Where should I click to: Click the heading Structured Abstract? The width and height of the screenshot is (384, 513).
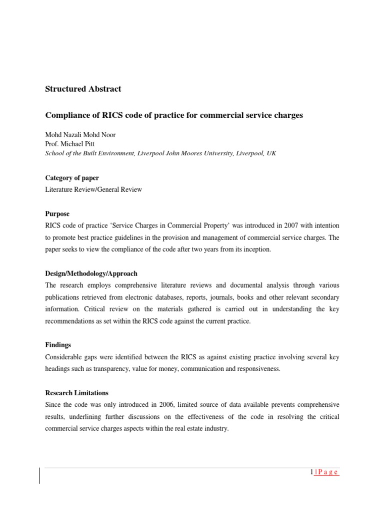[x=83, y=89]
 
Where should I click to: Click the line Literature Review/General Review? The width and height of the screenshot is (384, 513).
[x=93, y=190]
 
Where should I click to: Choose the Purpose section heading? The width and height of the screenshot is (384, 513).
[x=57, y=214]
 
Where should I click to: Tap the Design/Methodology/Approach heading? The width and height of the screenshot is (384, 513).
[x=91, y=274]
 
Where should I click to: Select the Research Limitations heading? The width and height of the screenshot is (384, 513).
[x=76, y=393]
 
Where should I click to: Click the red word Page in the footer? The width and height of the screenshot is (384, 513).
[x=328, y=472]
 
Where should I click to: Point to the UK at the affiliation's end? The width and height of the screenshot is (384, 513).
[x=271, y=154]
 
